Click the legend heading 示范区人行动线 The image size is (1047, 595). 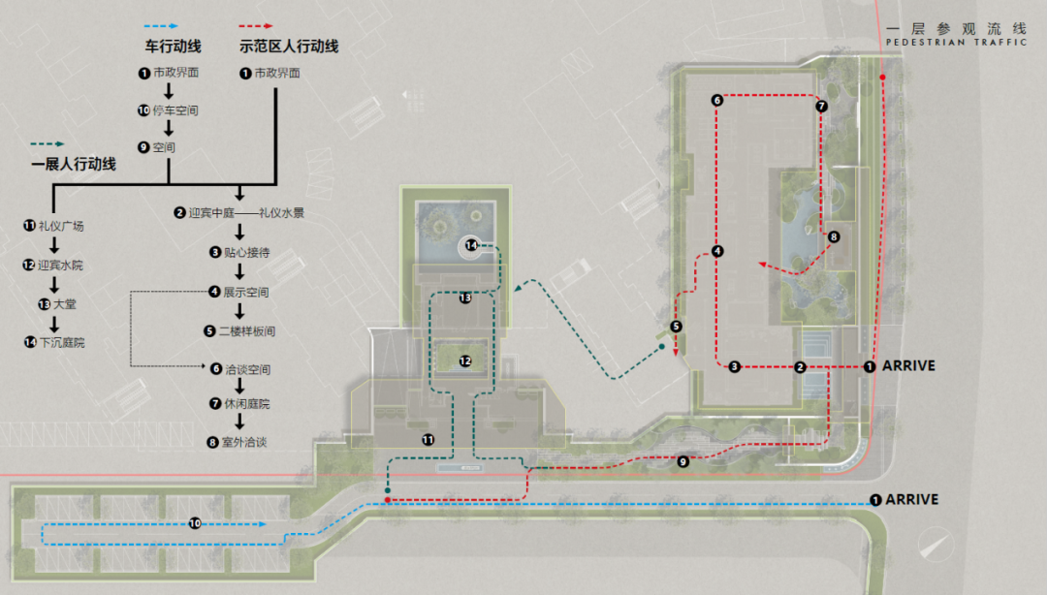[289, 47]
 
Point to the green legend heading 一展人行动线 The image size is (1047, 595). [74, 165]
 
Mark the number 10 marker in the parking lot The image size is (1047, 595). [195, 523]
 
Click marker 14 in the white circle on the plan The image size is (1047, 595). [471, 245]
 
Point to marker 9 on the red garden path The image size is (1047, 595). [683, 461]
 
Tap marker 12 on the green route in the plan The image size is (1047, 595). [465, 361]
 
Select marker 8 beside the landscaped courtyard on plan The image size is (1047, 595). [834, 236]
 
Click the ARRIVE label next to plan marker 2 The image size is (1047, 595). [908, 366]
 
